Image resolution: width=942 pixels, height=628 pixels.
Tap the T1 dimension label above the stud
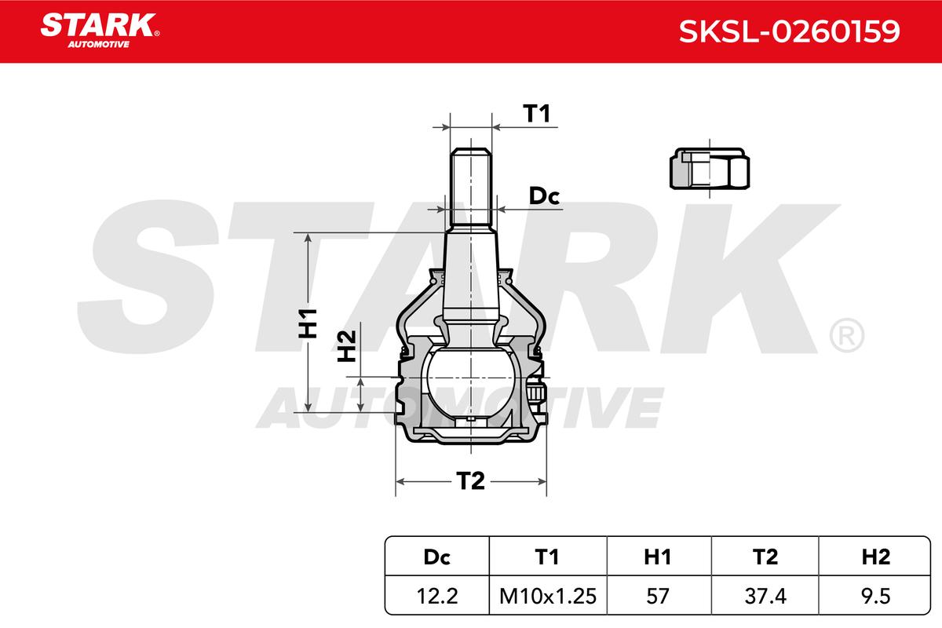click(537, 115)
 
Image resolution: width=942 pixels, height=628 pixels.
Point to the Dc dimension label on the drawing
click(543, 197)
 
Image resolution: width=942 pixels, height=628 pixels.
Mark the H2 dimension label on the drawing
click(347, 346)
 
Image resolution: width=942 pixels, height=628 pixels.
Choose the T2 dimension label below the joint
click(470, 481)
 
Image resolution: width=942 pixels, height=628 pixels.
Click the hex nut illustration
click(707, 170)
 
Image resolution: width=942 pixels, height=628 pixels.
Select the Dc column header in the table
click(436, 557)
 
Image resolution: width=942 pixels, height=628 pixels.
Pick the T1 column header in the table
click(546, 557)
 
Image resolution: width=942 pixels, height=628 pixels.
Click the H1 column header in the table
click(656, 557)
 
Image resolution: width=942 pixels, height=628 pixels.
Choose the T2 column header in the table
click(765, 557)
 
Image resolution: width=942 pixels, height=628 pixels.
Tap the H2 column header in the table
click(875, 557)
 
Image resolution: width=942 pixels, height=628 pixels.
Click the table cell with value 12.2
click(436, 597)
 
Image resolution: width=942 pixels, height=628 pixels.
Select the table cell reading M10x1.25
click(546, 597)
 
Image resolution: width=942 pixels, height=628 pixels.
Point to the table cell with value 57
click(656, 597)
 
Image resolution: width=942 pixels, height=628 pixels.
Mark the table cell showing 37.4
click(765, 597)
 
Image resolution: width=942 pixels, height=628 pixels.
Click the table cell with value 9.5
click(875, 597)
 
